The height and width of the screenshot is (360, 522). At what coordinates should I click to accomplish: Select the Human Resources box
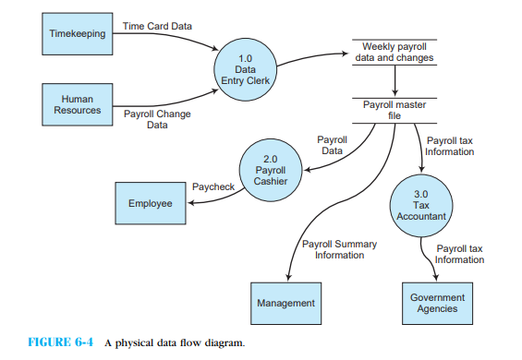78,104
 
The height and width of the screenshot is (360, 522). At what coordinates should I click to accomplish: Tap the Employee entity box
150,204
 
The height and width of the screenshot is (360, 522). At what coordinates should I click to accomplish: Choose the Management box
285,303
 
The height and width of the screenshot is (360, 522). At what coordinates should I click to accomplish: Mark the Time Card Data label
157,27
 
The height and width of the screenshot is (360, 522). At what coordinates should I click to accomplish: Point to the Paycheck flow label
212,186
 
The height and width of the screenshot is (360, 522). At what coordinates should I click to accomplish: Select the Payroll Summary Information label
339,249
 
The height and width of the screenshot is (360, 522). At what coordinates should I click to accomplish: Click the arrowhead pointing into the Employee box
189,203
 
